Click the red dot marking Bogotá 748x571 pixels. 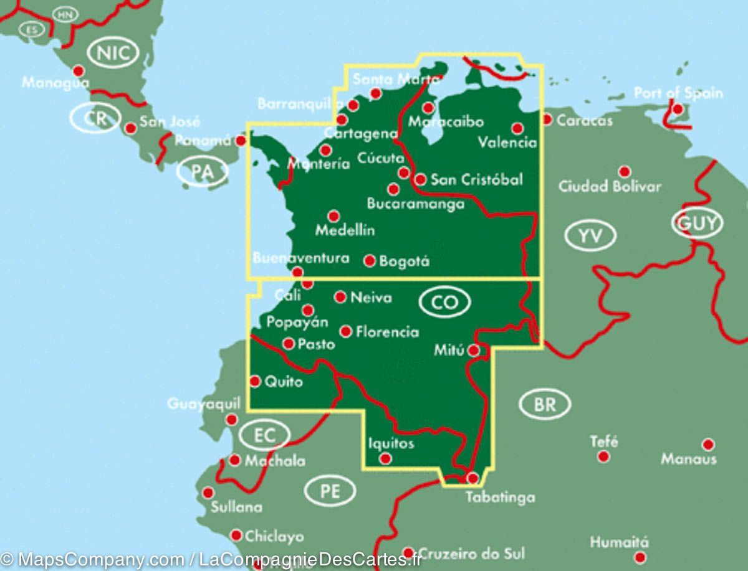(370, 261)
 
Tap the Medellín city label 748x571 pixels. (345, 230)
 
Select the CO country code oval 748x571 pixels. (445, 303)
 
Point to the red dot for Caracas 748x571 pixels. (547, 119)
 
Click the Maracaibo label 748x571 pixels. (446, 122)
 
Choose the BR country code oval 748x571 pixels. (545, 405)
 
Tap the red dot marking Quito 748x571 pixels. (255, 381)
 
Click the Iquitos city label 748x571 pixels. (391, 443)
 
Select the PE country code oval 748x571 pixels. (330, 492)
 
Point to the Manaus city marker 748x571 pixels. (707, 445)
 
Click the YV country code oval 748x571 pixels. (590, 235)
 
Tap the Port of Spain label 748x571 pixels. (678, 93)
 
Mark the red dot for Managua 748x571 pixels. (79, 71)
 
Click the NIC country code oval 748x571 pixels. (114, 53)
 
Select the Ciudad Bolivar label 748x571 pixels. (609, 186)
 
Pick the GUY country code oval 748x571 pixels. (697, 223)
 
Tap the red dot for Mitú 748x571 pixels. (474, 351)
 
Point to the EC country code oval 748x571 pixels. (265, 435)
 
